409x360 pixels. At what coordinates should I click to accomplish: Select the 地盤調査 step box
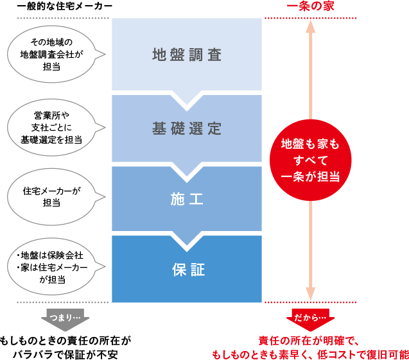(187, 54)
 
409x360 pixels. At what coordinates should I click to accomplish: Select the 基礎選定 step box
(187, 128)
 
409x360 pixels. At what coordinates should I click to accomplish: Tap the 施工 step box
(187, 200)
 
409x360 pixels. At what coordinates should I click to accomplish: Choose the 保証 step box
(187, 270)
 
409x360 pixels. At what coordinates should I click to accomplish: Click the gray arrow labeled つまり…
(65, 319)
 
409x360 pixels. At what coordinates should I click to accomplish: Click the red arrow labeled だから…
(310, 319)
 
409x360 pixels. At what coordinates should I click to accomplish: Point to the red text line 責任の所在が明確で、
(312, 341)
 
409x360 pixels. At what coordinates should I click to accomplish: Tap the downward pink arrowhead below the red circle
(311, 292)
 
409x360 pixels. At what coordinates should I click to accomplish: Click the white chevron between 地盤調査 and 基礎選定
(187, 100)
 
